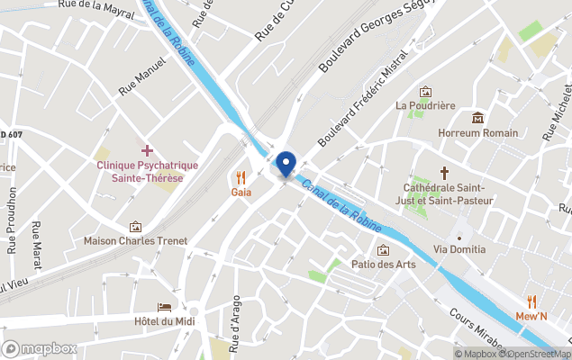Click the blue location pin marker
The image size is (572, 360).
tap(286, 165)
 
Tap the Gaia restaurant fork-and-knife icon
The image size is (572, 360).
tap(241, 177)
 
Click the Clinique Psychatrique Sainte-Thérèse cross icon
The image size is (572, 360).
tap(147, 149)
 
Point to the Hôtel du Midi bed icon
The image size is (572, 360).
tap(164, 307)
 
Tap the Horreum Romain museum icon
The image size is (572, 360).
tap(477, 118)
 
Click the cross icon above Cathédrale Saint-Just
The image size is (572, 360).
tap(443, 172)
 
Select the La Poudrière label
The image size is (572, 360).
tap(425, 105)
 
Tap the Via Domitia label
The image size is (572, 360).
tap(459, 248)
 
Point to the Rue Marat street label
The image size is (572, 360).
tap(36, 243)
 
